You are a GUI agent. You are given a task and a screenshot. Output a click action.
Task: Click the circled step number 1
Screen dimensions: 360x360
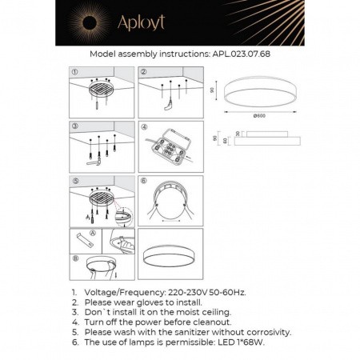74,71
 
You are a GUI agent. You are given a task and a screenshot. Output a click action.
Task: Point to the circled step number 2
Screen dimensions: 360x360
144,71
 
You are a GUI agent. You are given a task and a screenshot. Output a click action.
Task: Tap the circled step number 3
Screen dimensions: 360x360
74,126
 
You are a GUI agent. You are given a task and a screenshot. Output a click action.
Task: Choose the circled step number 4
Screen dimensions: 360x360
144,126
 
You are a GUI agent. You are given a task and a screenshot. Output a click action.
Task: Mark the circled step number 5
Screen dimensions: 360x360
74,181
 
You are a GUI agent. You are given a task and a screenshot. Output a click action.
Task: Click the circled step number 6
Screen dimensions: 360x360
144,181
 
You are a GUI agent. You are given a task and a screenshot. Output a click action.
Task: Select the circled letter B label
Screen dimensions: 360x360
74,258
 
